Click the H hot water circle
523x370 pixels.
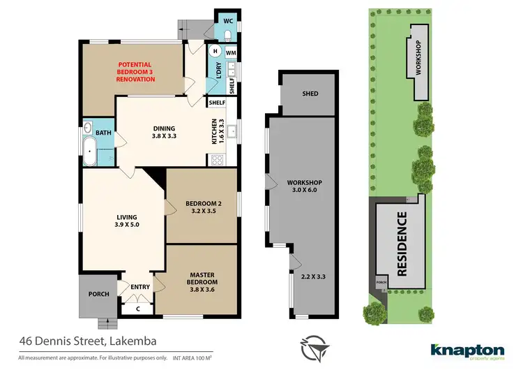coord(215,52)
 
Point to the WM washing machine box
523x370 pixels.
coord(232,52)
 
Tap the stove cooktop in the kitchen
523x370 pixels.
coord(216,159)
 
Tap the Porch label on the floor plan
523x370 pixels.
coord(98,294)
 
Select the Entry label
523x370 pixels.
coord(140,286)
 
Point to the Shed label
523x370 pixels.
coord(310,93)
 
